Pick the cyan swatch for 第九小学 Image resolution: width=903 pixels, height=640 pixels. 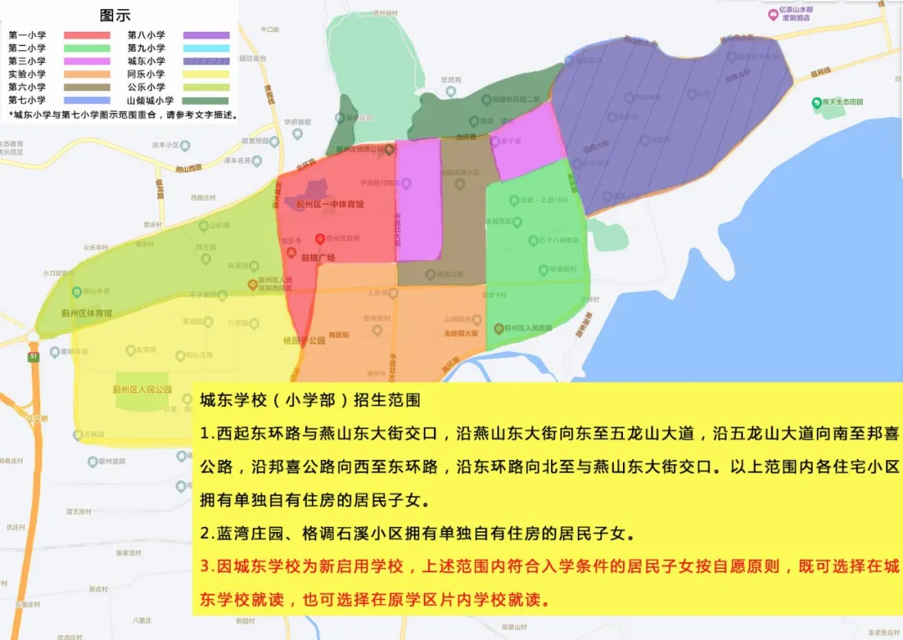pyautogui.click(x=202, y=49)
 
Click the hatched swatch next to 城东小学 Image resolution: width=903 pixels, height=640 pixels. pyautogui.click(x=202, y=61)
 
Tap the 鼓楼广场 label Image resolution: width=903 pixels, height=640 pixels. pyautogui.click(x=318, y=258)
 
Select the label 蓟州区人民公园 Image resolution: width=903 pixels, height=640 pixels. pyautogui.click(x=141, y=390)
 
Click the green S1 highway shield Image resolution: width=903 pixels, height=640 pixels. pyautogui.click(x=34, y=356)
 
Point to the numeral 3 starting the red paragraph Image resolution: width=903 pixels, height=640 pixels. pyautogui.click(x=205, y=566)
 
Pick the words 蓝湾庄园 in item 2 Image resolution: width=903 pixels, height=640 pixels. pyautogui.click(x=243, y=533)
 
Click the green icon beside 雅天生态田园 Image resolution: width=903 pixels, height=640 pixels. pyautogui.click(x=817, y=103)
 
